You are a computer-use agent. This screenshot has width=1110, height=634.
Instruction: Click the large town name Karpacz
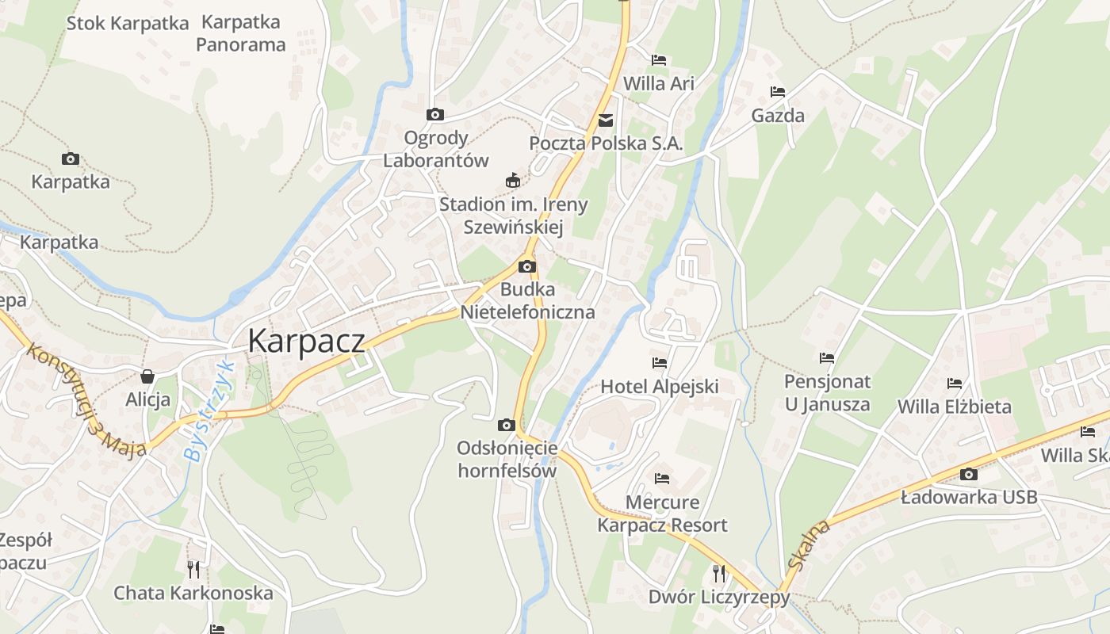coord(306,341)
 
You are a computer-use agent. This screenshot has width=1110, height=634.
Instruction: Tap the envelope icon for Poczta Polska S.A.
coord(606,120)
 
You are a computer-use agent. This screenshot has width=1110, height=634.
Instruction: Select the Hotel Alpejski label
coord(660,387)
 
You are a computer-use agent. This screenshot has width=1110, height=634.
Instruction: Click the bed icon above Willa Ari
coord(659,60)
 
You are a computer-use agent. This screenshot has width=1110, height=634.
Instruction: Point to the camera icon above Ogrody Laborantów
coord(434,115)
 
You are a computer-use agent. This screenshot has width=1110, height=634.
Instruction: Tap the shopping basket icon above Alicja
coord(147,376)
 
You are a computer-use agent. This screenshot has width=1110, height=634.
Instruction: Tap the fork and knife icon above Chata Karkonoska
coord(193,568)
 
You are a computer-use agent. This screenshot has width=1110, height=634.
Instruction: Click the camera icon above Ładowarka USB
coord(968,475)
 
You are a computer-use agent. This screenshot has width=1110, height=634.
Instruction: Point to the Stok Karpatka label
coord(128,23)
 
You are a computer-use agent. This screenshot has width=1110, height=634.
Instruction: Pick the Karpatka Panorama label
coord(241,33)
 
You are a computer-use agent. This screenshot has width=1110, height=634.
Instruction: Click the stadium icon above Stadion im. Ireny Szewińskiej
coord(513,181)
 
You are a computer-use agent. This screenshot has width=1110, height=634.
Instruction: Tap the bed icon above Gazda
coord(777,93)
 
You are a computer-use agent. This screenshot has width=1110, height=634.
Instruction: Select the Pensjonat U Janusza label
coord(827,393)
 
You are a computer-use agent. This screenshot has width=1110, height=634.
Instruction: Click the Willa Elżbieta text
coord(954,407)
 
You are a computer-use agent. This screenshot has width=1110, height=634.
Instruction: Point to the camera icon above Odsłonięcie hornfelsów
coord(507,426)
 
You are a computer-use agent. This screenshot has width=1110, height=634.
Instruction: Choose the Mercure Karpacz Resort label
coord(662,514)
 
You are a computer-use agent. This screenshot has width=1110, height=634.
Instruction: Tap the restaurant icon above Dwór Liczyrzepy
coord(719,573)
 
